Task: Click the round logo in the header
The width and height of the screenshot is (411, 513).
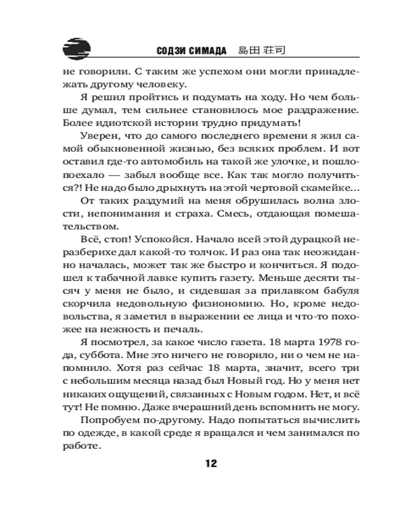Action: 76,49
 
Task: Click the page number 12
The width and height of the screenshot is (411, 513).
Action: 212,464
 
